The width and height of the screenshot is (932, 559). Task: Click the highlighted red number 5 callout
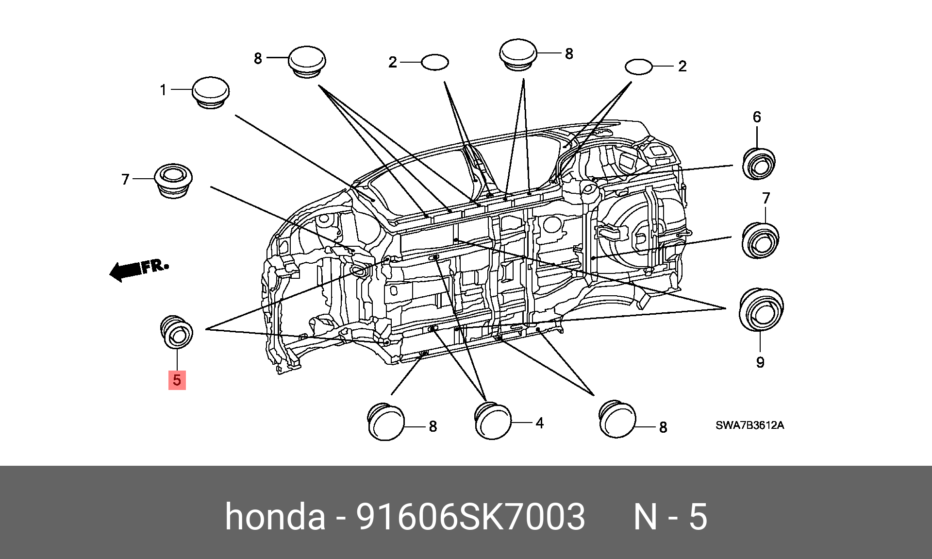point(177,380)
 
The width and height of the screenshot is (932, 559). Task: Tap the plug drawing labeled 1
point(211,92)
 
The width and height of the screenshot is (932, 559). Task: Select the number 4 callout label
point(540,423)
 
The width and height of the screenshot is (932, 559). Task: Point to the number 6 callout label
point(757,117)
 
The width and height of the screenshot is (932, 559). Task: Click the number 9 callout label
point(760,362)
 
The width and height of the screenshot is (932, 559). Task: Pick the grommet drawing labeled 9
point(761,309)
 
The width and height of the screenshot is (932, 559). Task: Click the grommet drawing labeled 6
point(759,164)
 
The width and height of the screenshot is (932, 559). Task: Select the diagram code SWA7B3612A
point(749,425)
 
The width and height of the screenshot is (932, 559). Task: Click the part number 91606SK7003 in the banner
point(470,516)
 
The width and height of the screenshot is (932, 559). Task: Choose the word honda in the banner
point(275,516)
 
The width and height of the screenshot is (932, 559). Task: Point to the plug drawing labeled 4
point(493,421)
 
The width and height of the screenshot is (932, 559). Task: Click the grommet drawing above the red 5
point(177,332)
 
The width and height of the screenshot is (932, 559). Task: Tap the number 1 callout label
point(163,90)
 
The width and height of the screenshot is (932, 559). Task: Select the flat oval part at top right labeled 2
point(638,67)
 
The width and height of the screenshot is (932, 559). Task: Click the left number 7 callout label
point(126,180)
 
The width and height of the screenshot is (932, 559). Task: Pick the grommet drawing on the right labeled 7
point(761,240)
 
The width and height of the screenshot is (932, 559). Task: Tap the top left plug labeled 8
point(307,62)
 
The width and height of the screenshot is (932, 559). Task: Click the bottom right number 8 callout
point(663,427)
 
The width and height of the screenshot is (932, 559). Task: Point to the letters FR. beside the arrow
point(155,266)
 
